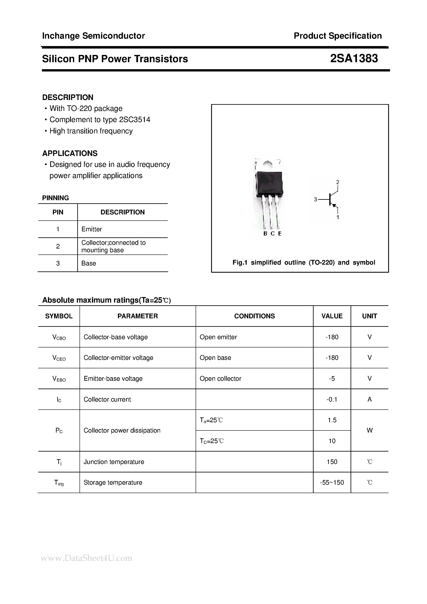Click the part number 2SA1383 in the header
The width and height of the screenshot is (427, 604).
(354, 58)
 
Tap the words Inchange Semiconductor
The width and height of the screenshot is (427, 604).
(93, 36)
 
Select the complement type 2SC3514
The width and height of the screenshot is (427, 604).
(134, 120)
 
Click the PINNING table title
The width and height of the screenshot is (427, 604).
(56, 198)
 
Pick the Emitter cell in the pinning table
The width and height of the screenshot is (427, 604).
(92, 229)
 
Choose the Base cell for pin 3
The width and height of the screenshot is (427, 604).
(89, 263)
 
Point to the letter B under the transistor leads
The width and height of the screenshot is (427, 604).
(265, 234)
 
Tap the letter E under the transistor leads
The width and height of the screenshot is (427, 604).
(280, 234)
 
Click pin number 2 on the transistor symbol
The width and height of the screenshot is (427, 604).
(338, 182)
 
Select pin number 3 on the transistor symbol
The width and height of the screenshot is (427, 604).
(315, 200)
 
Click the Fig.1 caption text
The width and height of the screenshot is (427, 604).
(304, 263)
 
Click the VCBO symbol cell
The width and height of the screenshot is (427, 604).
(59, 337)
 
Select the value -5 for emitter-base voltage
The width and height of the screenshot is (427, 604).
(332, 379)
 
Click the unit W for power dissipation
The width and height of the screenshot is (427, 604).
(369, 430)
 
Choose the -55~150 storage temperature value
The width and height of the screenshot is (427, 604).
(332, 483)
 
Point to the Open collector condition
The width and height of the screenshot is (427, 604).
(220, 379)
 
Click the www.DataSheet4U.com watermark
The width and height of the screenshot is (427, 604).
(87, 558)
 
